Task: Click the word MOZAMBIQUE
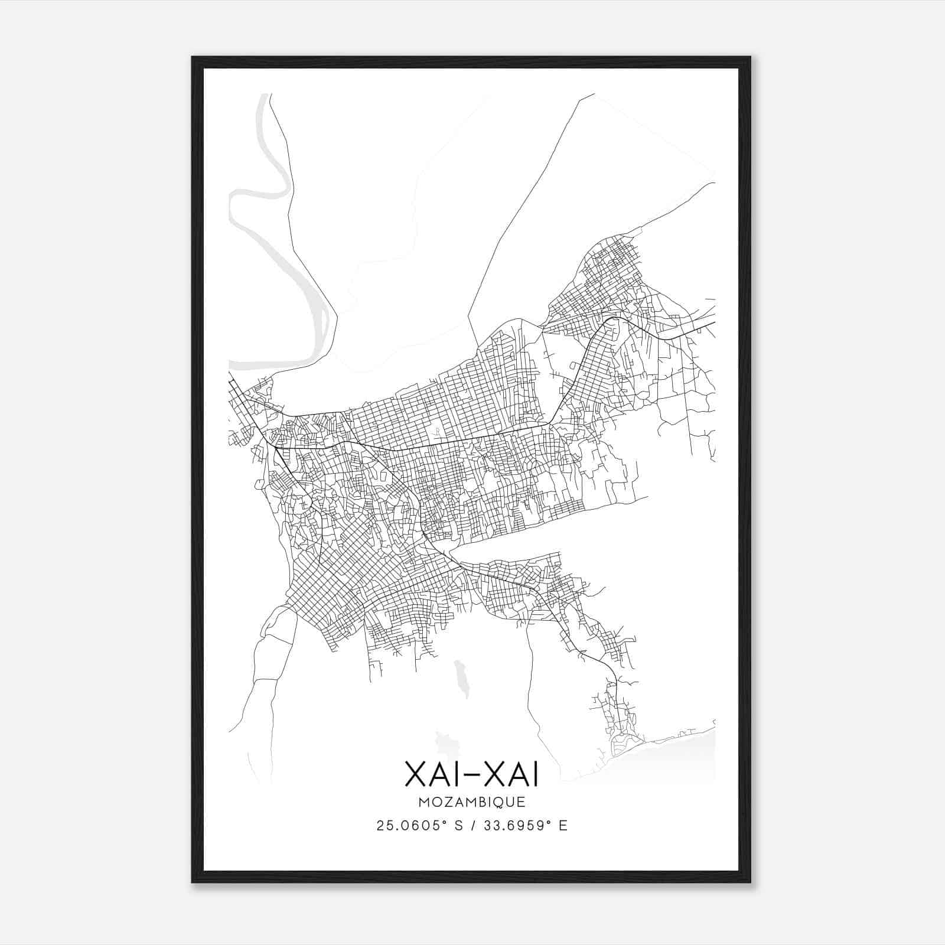point(471,803)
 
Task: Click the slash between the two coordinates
point(471,826)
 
